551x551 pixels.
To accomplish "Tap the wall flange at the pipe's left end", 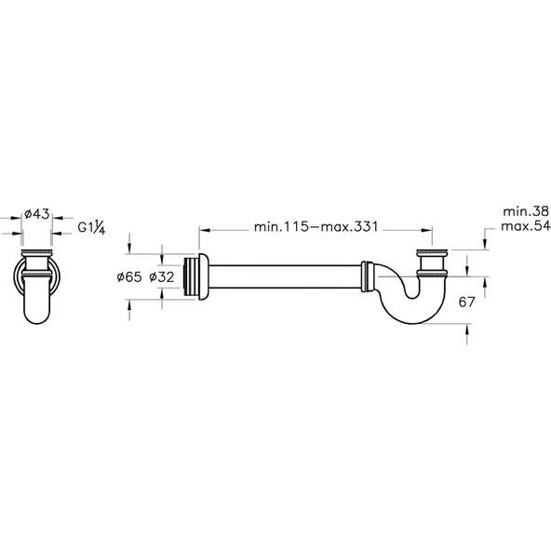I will [x=196, y=275].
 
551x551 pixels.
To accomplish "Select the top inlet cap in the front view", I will [x=36, y=253].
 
